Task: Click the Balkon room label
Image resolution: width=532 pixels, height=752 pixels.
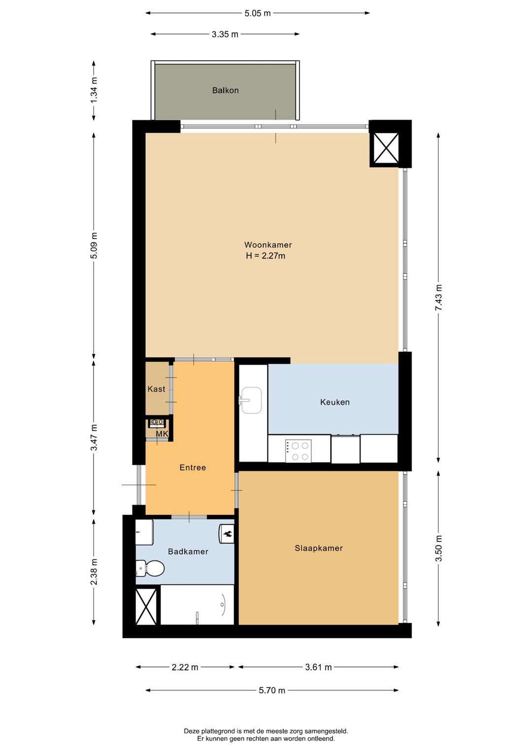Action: coord(225,90)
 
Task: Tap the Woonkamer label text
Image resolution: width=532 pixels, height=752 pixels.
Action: coord(268,245)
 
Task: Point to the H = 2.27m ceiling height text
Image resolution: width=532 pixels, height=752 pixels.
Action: coord(266,256)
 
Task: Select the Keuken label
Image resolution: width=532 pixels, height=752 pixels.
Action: coord(334,402)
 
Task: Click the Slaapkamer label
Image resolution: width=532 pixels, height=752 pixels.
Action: coord(319,548)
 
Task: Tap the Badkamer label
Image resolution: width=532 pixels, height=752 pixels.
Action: coord(188,551)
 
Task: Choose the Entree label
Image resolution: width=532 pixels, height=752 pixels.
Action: coord(193,468)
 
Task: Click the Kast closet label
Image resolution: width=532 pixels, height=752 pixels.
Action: coord(156,389)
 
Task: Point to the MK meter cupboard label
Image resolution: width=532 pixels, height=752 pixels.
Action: coord(162,434)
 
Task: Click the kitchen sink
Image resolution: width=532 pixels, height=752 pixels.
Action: coord(251,400)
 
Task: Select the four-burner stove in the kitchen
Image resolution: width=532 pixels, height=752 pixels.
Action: coord(299,451)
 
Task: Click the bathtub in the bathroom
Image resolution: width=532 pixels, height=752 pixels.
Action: coord(198,605)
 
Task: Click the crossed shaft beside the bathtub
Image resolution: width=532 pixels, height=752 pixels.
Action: coord(146,606)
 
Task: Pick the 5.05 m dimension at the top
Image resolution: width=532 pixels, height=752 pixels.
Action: coord(258,13)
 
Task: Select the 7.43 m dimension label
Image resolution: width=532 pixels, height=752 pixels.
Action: coord(438,298)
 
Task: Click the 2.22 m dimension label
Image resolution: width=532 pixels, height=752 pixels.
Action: coord(185,667)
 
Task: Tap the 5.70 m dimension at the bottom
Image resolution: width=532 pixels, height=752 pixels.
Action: coord(272,690)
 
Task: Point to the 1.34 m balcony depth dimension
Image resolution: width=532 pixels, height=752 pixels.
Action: coord(94,90)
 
